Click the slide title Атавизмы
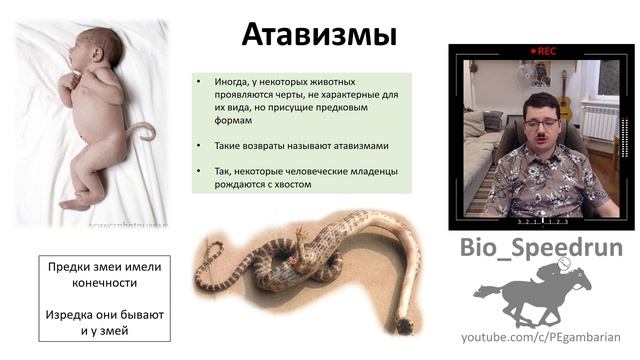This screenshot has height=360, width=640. (x=319, y=35)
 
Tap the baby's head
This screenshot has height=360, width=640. (x=96, y=49)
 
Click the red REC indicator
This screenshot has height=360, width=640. (x=544, y=50)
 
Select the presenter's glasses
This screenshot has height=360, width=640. (x=540, y=122)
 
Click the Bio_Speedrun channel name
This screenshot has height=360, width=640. (x=541, y=247)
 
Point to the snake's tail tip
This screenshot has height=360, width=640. (x=405, y=326)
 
